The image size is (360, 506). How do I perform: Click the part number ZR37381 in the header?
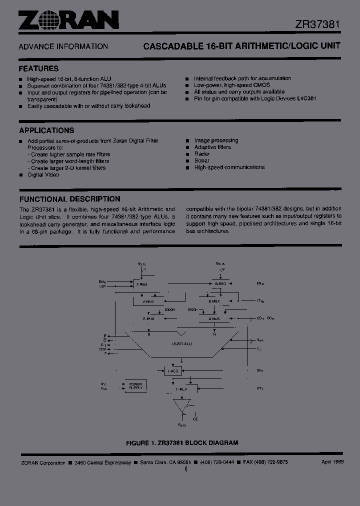(317, 24)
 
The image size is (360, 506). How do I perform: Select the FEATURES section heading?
(38, 68)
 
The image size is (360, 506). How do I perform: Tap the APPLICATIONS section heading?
(46, 130)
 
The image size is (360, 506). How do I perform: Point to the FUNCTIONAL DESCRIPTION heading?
(69, 198)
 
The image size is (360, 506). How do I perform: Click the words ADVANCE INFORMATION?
(63, 46)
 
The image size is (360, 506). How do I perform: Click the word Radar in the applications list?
(202, 154)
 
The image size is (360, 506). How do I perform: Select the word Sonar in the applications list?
(202, 161)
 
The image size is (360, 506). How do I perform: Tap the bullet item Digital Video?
(43, 175)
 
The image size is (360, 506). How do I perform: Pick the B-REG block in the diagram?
(220, 284)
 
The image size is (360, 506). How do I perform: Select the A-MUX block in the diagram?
(149, 301)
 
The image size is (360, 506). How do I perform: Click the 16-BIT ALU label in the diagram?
(181, 344)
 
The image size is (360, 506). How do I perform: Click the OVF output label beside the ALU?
(103, 349)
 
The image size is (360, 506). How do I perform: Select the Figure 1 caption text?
(182, 442)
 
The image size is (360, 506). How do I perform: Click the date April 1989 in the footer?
(333, 462)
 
